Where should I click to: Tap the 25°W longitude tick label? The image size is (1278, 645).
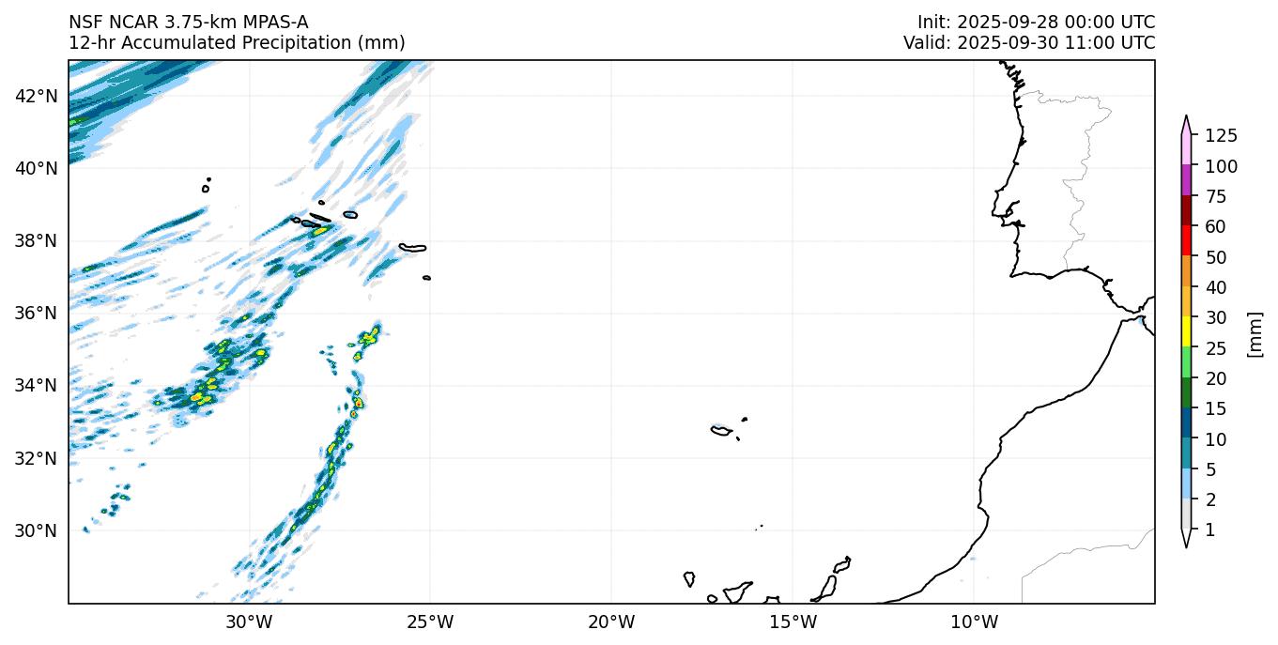click(x=430, y=622)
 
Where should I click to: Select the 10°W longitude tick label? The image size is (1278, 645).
click(x=974, y=622)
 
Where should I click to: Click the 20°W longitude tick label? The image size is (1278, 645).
click(x=611, y=622)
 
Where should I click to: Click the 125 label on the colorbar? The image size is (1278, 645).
click(x=1221, y=136)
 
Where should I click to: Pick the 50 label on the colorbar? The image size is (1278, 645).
click(x=1215, y=257)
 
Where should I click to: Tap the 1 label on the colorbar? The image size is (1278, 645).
click(x=1209, y=530)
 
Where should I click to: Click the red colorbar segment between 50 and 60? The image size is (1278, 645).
click(x=1187, y=241)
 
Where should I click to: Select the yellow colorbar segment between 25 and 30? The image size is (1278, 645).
click(x=1187, y=332)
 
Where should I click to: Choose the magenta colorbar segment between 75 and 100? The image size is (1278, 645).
click(x=1187, y=180)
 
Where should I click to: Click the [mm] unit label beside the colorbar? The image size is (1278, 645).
click(x=1255, y=333)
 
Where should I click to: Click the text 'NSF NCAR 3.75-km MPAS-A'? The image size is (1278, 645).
click(x=188, y=23)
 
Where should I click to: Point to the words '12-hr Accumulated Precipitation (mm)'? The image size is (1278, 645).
click(x=237, y=43)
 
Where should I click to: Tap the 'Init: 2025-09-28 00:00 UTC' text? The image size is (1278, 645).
click(x=1036, y=23)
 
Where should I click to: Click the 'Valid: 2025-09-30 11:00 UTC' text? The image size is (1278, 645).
click(x=1029, y=43)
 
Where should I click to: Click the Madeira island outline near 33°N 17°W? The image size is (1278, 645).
click(x=721, y=431)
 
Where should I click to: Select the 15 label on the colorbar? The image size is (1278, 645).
click(x=1215, y=409)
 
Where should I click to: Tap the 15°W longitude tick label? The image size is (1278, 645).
click(x=793, y=622)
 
